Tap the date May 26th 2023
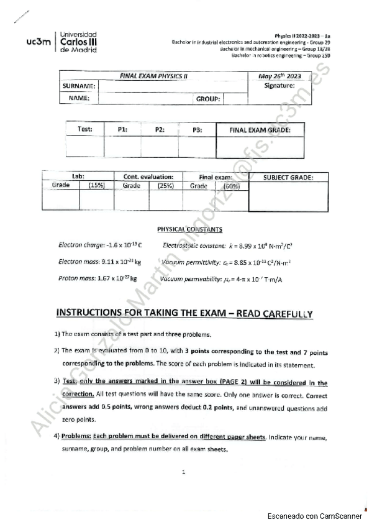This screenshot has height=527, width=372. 279,76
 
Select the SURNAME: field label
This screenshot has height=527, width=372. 79,86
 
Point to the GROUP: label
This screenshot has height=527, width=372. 209,99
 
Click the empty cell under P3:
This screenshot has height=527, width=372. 197,146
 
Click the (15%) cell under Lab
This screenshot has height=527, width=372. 96,186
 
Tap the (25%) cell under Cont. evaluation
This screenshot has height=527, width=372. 165,186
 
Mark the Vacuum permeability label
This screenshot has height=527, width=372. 189,279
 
